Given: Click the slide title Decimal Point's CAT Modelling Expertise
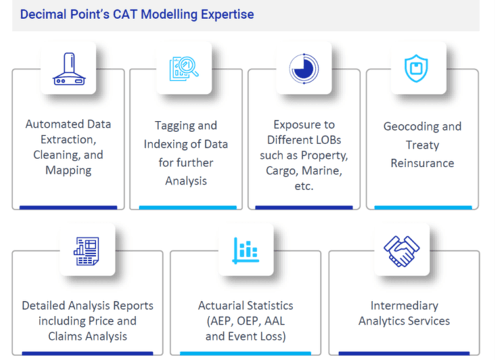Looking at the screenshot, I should [x=137, y=14].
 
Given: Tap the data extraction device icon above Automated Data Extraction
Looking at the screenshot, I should [x=68, y=68].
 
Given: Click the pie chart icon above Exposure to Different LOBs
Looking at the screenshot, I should [x=304, y=68].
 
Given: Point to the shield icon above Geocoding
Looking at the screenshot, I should [x=417, y=68].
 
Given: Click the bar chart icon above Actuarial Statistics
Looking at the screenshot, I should [x=246, y=249].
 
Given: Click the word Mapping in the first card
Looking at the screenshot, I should [x=68, y=170].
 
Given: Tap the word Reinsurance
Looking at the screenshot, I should [x=422, y=162].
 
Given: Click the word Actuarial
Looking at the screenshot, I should [x=224, y=306].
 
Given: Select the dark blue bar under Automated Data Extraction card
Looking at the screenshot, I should [x=68, y=207].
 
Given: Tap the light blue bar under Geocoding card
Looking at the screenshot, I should [x=423, y=207].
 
